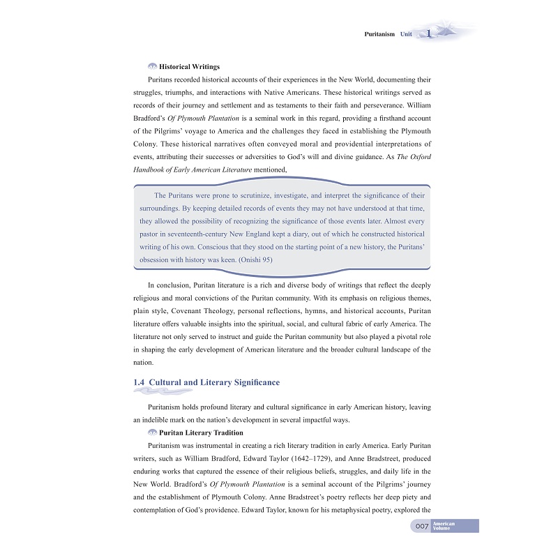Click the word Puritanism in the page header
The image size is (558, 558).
tap(379, 34)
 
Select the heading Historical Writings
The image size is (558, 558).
tap(190, 67)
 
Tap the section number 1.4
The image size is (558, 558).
tap(138, 382)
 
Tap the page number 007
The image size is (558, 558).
tap(421, 526)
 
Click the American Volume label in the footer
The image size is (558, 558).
tap(444, 526)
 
